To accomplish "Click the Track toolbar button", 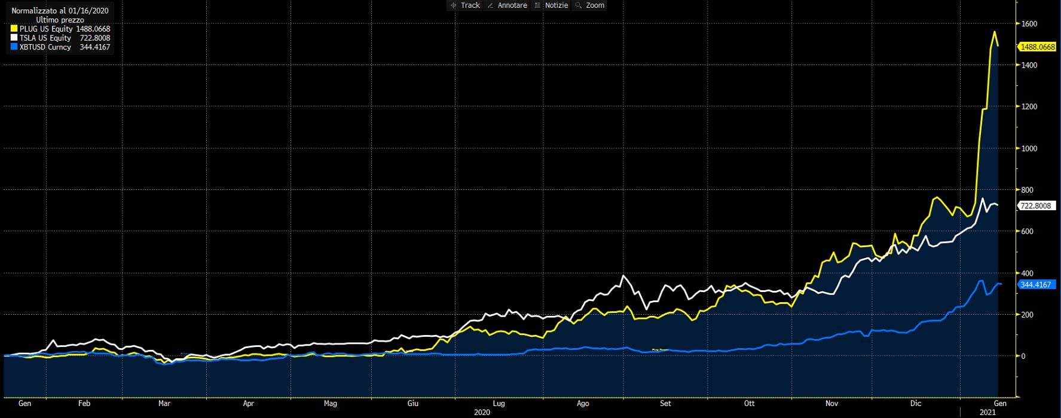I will (465, 5).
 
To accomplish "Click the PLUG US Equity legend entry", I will (46, 29).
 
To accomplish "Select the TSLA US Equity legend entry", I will (45, 38).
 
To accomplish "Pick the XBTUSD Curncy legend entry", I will (45, 47).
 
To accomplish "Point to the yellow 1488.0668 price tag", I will (1037, 47).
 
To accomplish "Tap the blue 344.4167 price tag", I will (1035, 285).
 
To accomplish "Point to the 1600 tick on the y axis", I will (1029, 24).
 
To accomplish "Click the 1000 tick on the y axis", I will (1029, 149).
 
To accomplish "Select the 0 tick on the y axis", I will (1023, 356).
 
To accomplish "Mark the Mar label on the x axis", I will (164, 404).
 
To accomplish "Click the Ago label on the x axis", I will (583, 404).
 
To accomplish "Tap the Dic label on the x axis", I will (916, 404).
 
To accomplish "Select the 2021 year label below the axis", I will (987, 413).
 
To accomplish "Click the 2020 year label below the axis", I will (482, 413).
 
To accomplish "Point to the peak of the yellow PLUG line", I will (994, 32).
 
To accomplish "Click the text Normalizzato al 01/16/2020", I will (60, 11).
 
